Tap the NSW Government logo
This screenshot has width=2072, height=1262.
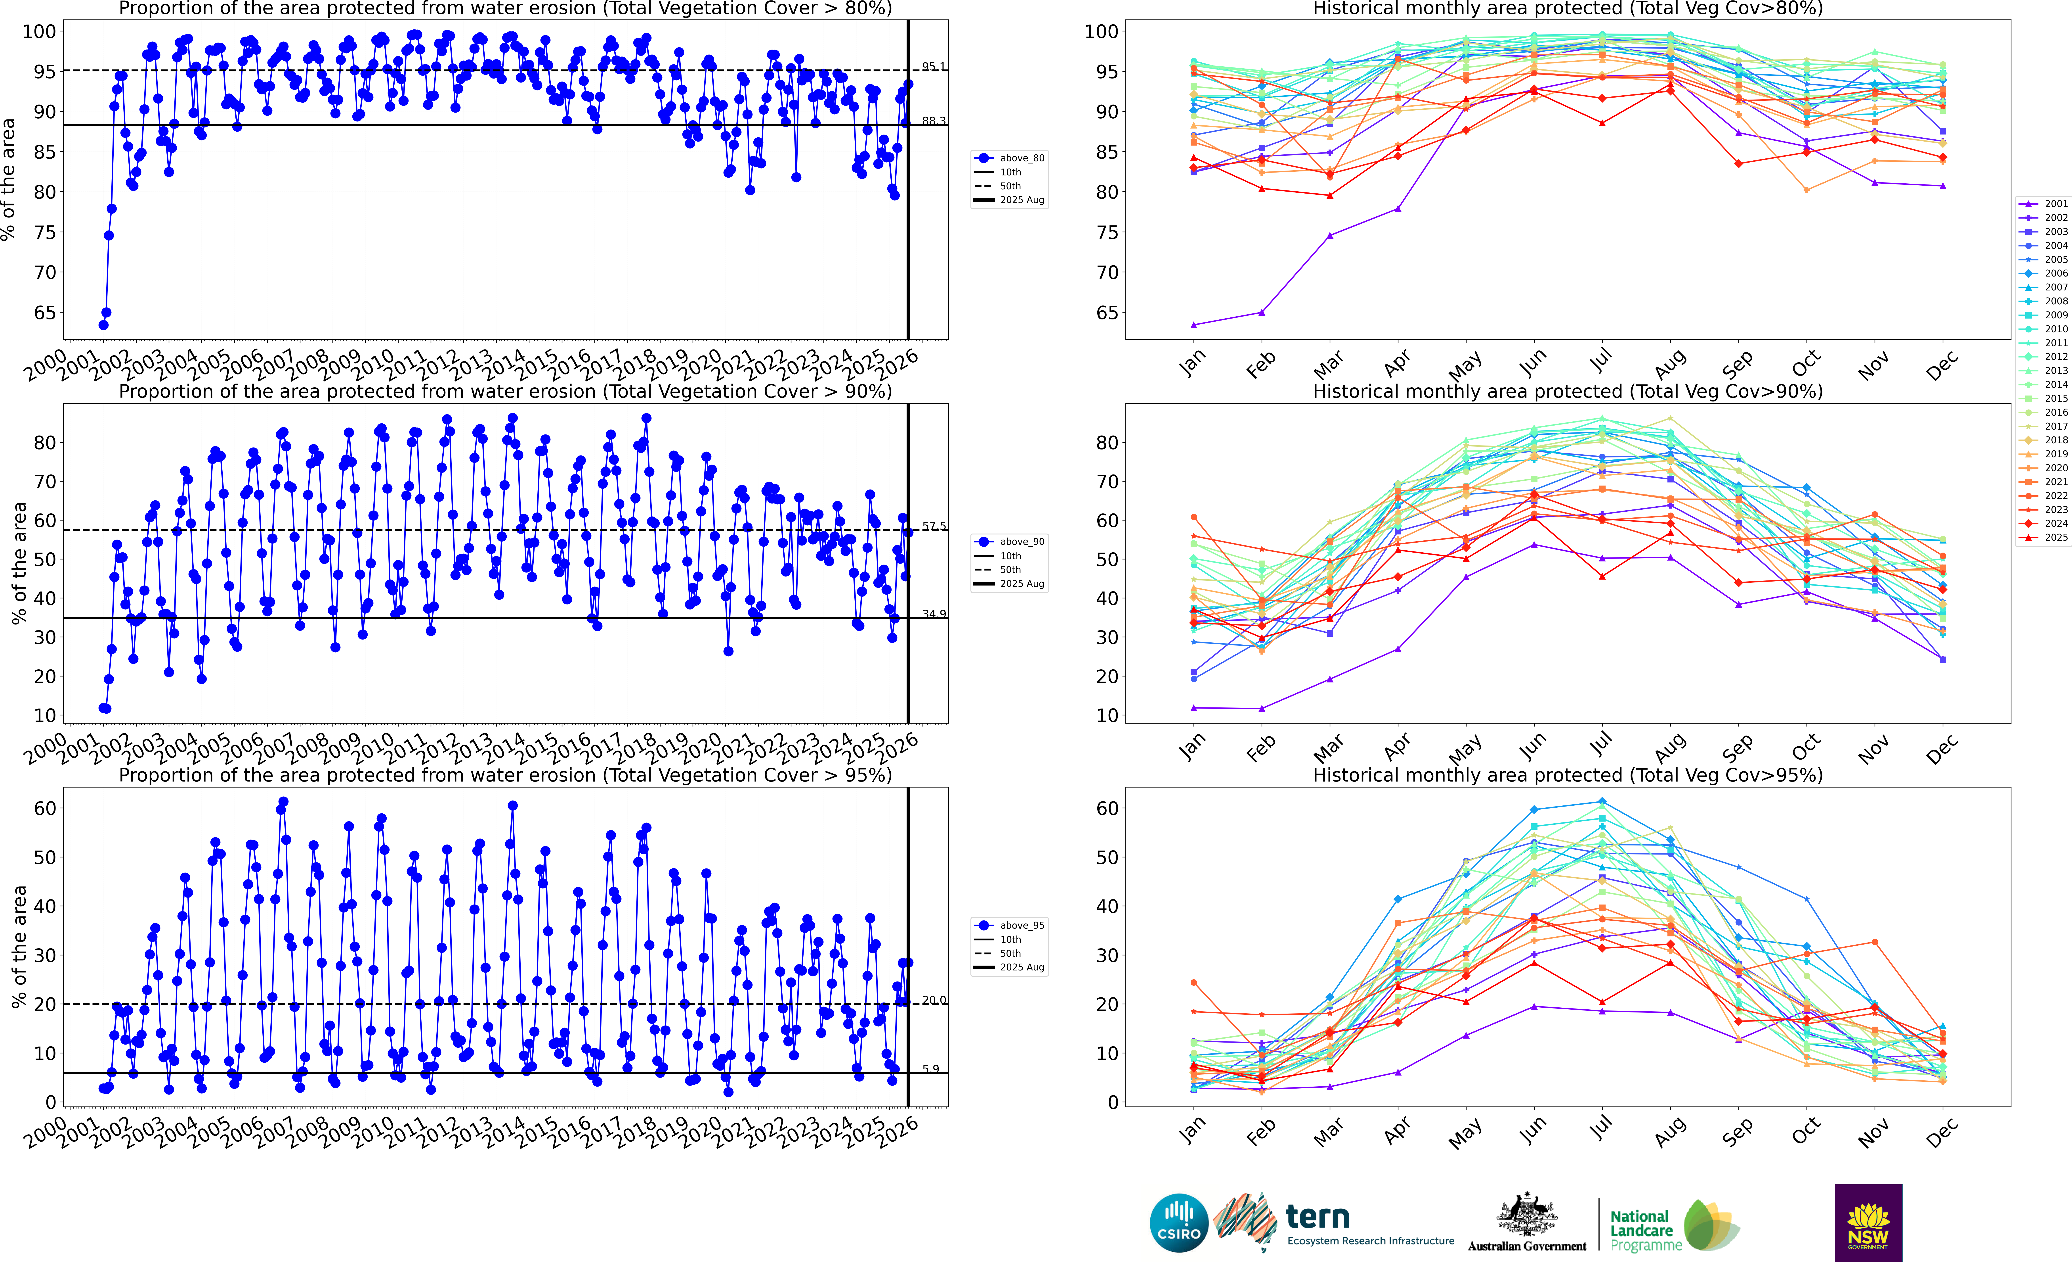1868,1222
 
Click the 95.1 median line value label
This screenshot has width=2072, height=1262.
933,66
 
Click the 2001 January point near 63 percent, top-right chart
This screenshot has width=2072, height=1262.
1193,325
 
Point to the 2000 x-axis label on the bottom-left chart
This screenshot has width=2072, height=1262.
45,1132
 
